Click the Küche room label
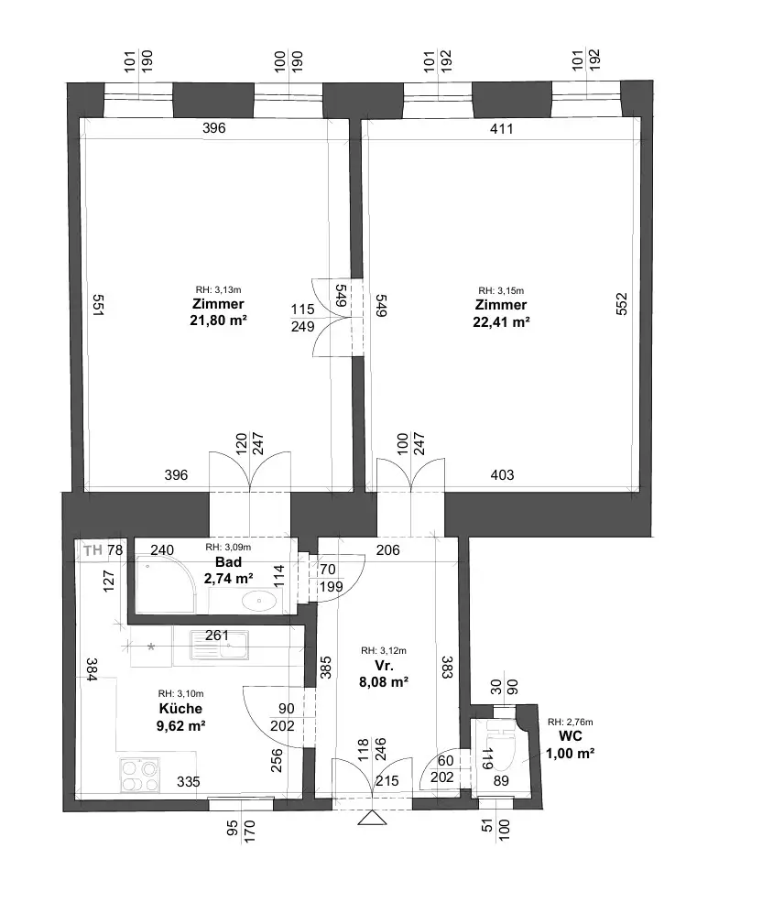click(x=180, y=709)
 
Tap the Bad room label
click(x=228, y=562)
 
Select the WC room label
click(x=570, y=736)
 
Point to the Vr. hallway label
click(x=384, y=666)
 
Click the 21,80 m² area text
click(x=219, y=320)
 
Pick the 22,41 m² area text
click(x=501, y=321)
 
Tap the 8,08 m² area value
click(x=384, y=682)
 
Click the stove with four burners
click(x=140, y=776)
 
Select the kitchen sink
click(x=219, y=646)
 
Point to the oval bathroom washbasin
click(x=259, y=601)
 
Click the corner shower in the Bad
click(x=166, y=584)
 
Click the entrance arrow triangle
click(x=372, y=819)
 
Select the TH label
click(x=93, y=550)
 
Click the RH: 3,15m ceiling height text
click(x=501, y=290)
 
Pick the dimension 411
click(x=502, y=129)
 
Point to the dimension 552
click(x=622, y=304)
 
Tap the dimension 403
click(x=502, y=475)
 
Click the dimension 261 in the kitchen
click(x=217, y=636)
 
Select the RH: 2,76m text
click(x=571, y=722)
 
